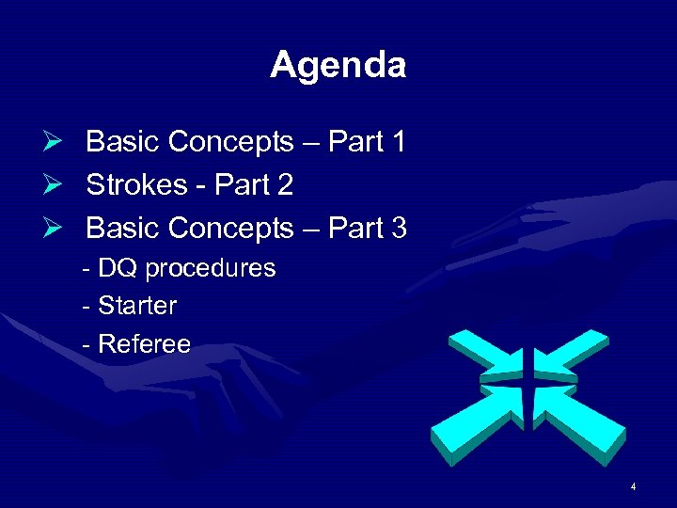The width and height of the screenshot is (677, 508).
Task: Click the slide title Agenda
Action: [338, 65]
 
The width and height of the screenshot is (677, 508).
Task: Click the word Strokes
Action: [136, 185]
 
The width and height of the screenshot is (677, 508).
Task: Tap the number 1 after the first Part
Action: [398, 142]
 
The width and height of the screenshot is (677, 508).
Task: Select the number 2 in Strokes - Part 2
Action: [284, 185]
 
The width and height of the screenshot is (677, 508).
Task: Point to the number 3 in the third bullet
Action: [398, 229]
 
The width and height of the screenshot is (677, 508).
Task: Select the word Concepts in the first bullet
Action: [231, 143]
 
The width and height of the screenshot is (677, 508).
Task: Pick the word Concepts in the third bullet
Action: [231, 230]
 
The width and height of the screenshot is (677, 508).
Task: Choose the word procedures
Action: [210, 269]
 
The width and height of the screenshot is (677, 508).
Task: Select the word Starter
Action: [137, 306]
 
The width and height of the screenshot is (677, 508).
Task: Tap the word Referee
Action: [144, 344]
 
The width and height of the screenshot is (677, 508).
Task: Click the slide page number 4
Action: [634, 486]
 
